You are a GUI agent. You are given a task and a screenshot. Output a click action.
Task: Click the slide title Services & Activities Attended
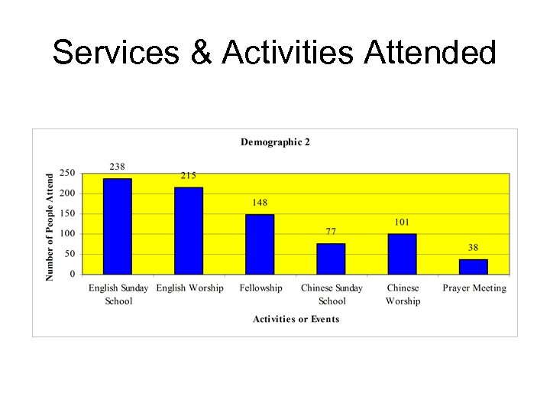tap(274, 53)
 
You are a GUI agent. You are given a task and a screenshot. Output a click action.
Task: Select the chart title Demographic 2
tap(275, 141)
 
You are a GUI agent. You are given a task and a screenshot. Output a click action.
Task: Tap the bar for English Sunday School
tap(118, 226)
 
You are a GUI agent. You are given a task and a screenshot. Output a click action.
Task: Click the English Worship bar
tap(189, 230)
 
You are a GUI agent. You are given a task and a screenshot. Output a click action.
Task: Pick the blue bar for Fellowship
tap(260, 244)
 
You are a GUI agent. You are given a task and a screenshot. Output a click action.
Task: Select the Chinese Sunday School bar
tap(331, 259)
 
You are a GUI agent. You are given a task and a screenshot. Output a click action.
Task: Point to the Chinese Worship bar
tap(402, 254)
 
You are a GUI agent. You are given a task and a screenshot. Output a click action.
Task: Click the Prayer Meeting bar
tap(473, 266)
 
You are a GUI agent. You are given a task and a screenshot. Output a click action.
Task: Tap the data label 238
tap(117, 167)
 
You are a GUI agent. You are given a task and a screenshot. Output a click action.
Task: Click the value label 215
tap(188, 175)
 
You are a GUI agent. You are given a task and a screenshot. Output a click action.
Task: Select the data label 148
tap(260, 203)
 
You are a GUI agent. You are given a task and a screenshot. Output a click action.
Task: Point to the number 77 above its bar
tap(330, 231)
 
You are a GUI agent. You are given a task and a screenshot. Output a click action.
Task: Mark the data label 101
tap(402, 222)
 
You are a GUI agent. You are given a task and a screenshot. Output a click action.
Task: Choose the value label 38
tap(474, 247)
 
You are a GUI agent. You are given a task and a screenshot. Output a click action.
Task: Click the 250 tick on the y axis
tap(68, 174)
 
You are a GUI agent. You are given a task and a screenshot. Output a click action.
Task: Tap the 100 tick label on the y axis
tap(68, 234)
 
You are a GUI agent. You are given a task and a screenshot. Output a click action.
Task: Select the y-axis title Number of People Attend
tap(50, 226)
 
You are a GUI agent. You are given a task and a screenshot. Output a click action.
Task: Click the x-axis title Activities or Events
tap(296, 319)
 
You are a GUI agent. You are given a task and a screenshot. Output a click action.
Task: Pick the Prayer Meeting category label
tap(474, 288)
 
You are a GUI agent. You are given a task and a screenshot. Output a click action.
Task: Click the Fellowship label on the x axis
tap(260, 288)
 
